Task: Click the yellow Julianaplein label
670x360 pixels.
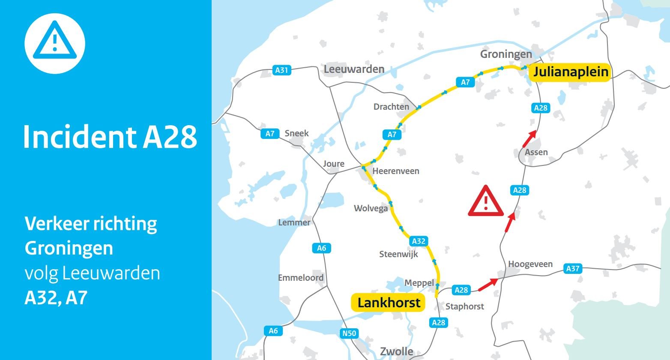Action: click(570, 72)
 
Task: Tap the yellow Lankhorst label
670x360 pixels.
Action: click(389, 303)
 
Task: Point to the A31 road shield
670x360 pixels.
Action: click(282, 70)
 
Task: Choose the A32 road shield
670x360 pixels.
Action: click(419, 241)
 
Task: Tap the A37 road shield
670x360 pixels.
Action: click(573, 269)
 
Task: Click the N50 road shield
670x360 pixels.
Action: click(349, 333)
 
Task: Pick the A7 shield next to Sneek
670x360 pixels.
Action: click(270, 134)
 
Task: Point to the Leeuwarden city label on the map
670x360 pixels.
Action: click(354, 69)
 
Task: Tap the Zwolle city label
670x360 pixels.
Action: click(397, 352)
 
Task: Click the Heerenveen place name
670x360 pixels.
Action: click(396, 171)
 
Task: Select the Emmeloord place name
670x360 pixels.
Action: click(301, 278)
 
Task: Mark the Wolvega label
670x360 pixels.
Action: click(371, 208)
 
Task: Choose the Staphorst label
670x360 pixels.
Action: click(465, 306)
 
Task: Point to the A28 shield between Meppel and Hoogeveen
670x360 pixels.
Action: click(461, 290)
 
